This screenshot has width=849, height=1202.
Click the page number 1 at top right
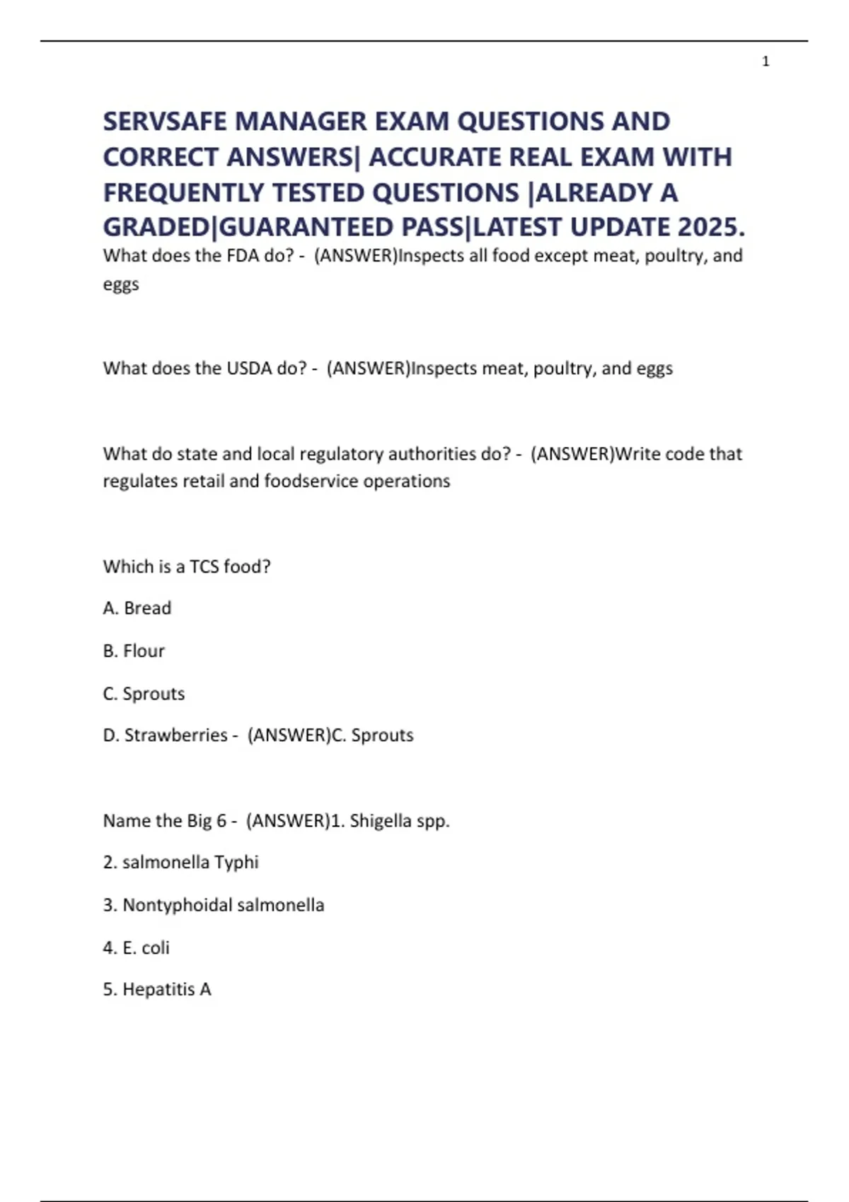click(766, 62)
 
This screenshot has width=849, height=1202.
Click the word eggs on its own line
click(121, 284)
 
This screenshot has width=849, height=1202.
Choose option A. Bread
click(137, 608)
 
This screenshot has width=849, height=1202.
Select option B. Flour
click(134, 650)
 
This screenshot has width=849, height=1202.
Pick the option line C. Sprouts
click(144, 694)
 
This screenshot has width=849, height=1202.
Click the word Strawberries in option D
click(175, 735)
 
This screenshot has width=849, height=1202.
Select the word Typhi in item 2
click(236, 863)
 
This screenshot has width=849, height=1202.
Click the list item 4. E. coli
click(137, 947)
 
